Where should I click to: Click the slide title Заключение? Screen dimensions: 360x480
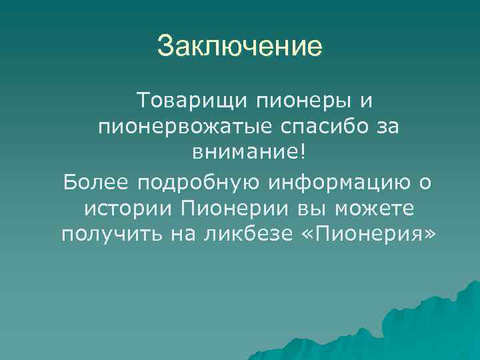tap(239, 47)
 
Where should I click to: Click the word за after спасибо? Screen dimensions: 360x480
tap(385, 127)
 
